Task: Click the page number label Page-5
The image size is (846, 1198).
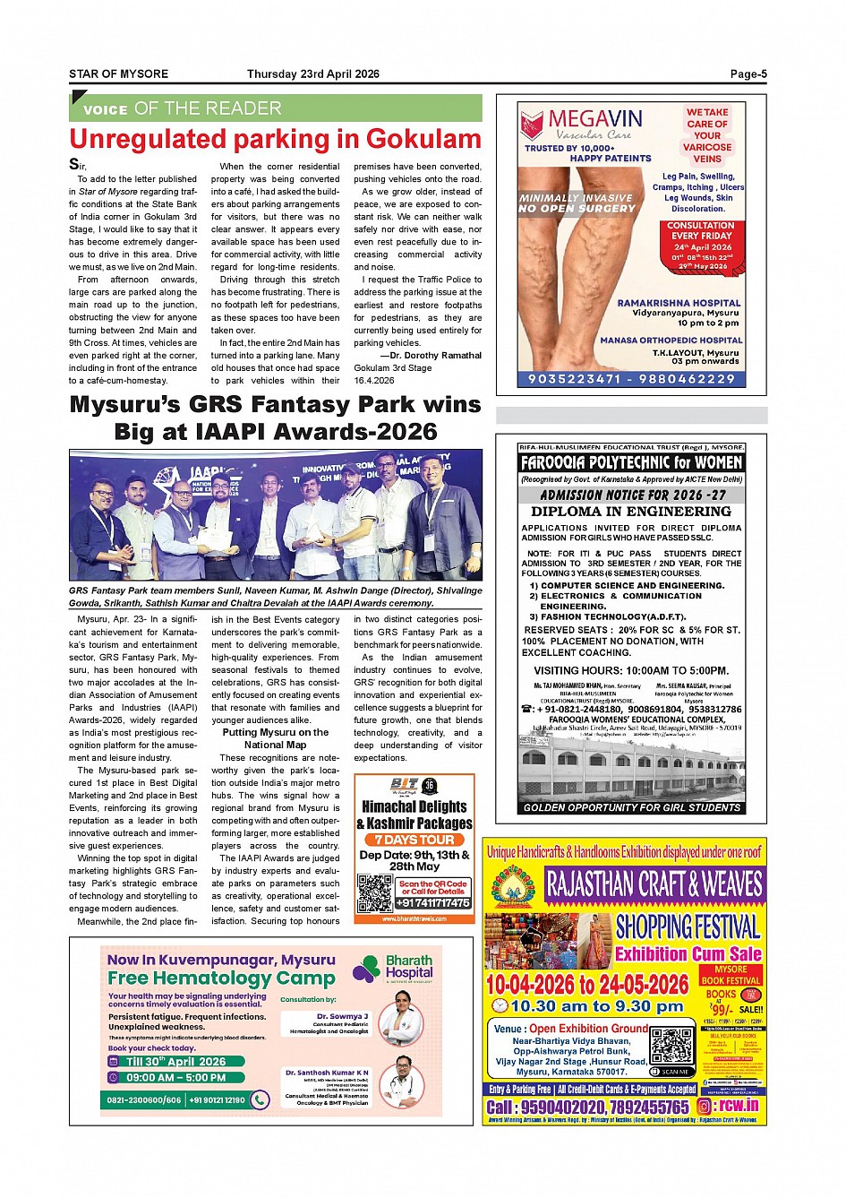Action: point(748,74)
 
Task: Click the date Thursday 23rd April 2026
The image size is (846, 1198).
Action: point(313,74)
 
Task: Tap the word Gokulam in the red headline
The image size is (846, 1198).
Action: point(423,140)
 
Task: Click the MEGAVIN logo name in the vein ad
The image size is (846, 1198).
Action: point(594,119)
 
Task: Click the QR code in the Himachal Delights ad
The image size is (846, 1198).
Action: point(375,893)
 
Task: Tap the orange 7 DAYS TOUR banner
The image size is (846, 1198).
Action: point(414,840)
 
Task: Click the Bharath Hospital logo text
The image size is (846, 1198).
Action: point(409,966)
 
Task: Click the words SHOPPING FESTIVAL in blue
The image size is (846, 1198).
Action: point(688,927)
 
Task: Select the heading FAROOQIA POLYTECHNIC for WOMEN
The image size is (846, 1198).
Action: point(631,463)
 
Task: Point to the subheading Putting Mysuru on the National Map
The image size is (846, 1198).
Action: point(275,738)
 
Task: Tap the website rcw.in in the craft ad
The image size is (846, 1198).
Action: point(739,1106)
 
